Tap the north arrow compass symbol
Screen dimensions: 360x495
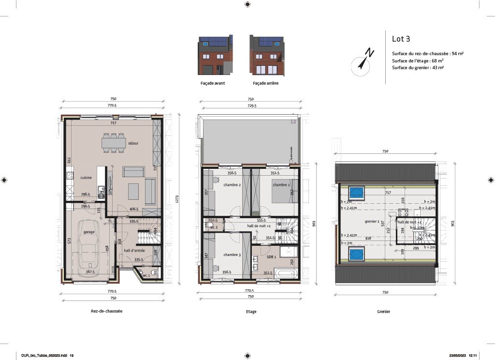[364, 61]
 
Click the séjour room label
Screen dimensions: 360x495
[133, 143]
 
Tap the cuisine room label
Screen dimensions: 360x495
[86, 178]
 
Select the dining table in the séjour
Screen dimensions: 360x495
[113, 142]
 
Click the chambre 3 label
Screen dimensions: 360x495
[232, 255]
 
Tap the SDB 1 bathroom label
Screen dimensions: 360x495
[271, 257]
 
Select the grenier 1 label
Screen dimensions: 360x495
[371, 222]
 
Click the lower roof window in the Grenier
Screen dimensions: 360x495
[357, 253]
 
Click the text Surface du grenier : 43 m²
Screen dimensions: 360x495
[418, 68]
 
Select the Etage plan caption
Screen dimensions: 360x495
[250, 312]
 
